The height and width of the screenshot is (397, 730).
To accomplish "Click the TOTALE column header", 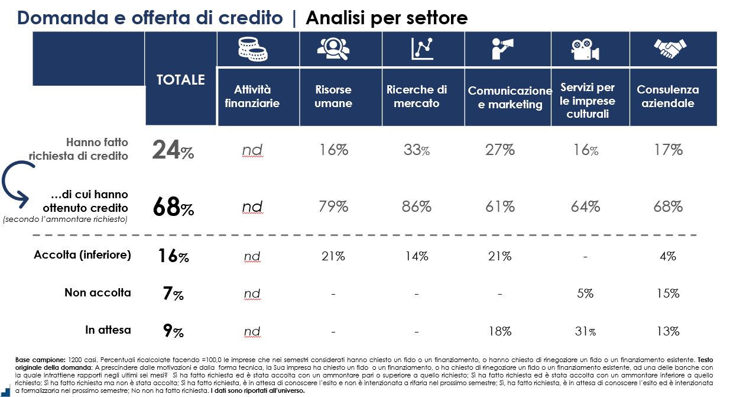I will point(180,80).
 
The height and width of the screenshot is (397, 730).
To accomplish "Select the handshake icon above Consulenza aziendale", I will point(669,49).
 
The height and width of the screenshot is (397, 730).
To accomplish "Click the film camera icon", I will point(585,49).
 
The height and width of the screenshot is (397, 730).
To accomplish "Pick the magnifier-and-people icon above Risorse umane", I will point(333,49).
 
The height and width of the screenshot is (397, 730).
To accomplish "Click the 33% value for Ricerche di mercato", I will point(417,150).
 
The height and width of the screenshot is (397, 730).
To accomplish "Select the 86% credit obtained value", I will point(417,206).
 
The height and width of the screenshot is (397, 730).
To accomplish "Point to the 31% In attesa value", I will point(585,331).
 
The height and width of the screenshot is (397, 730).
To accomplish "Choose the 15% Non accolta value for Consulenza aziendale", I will point(668,293).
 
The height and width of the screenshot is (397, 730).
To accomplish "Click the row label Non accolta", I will point(98,293).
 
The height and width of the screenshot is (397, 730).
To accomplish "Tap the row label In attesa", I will point(108,330).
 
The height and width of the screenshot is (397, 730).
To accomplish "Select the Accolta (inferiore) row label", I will point(82,255).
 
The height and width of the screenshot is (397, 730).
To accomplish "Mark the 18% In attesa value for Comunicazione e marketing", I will point(499,331).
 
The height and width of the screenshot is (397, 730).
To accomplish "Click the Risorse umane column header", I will point(333,96).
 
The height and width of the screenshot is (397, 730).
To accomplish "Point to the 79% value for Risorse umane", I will point(333,206).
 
